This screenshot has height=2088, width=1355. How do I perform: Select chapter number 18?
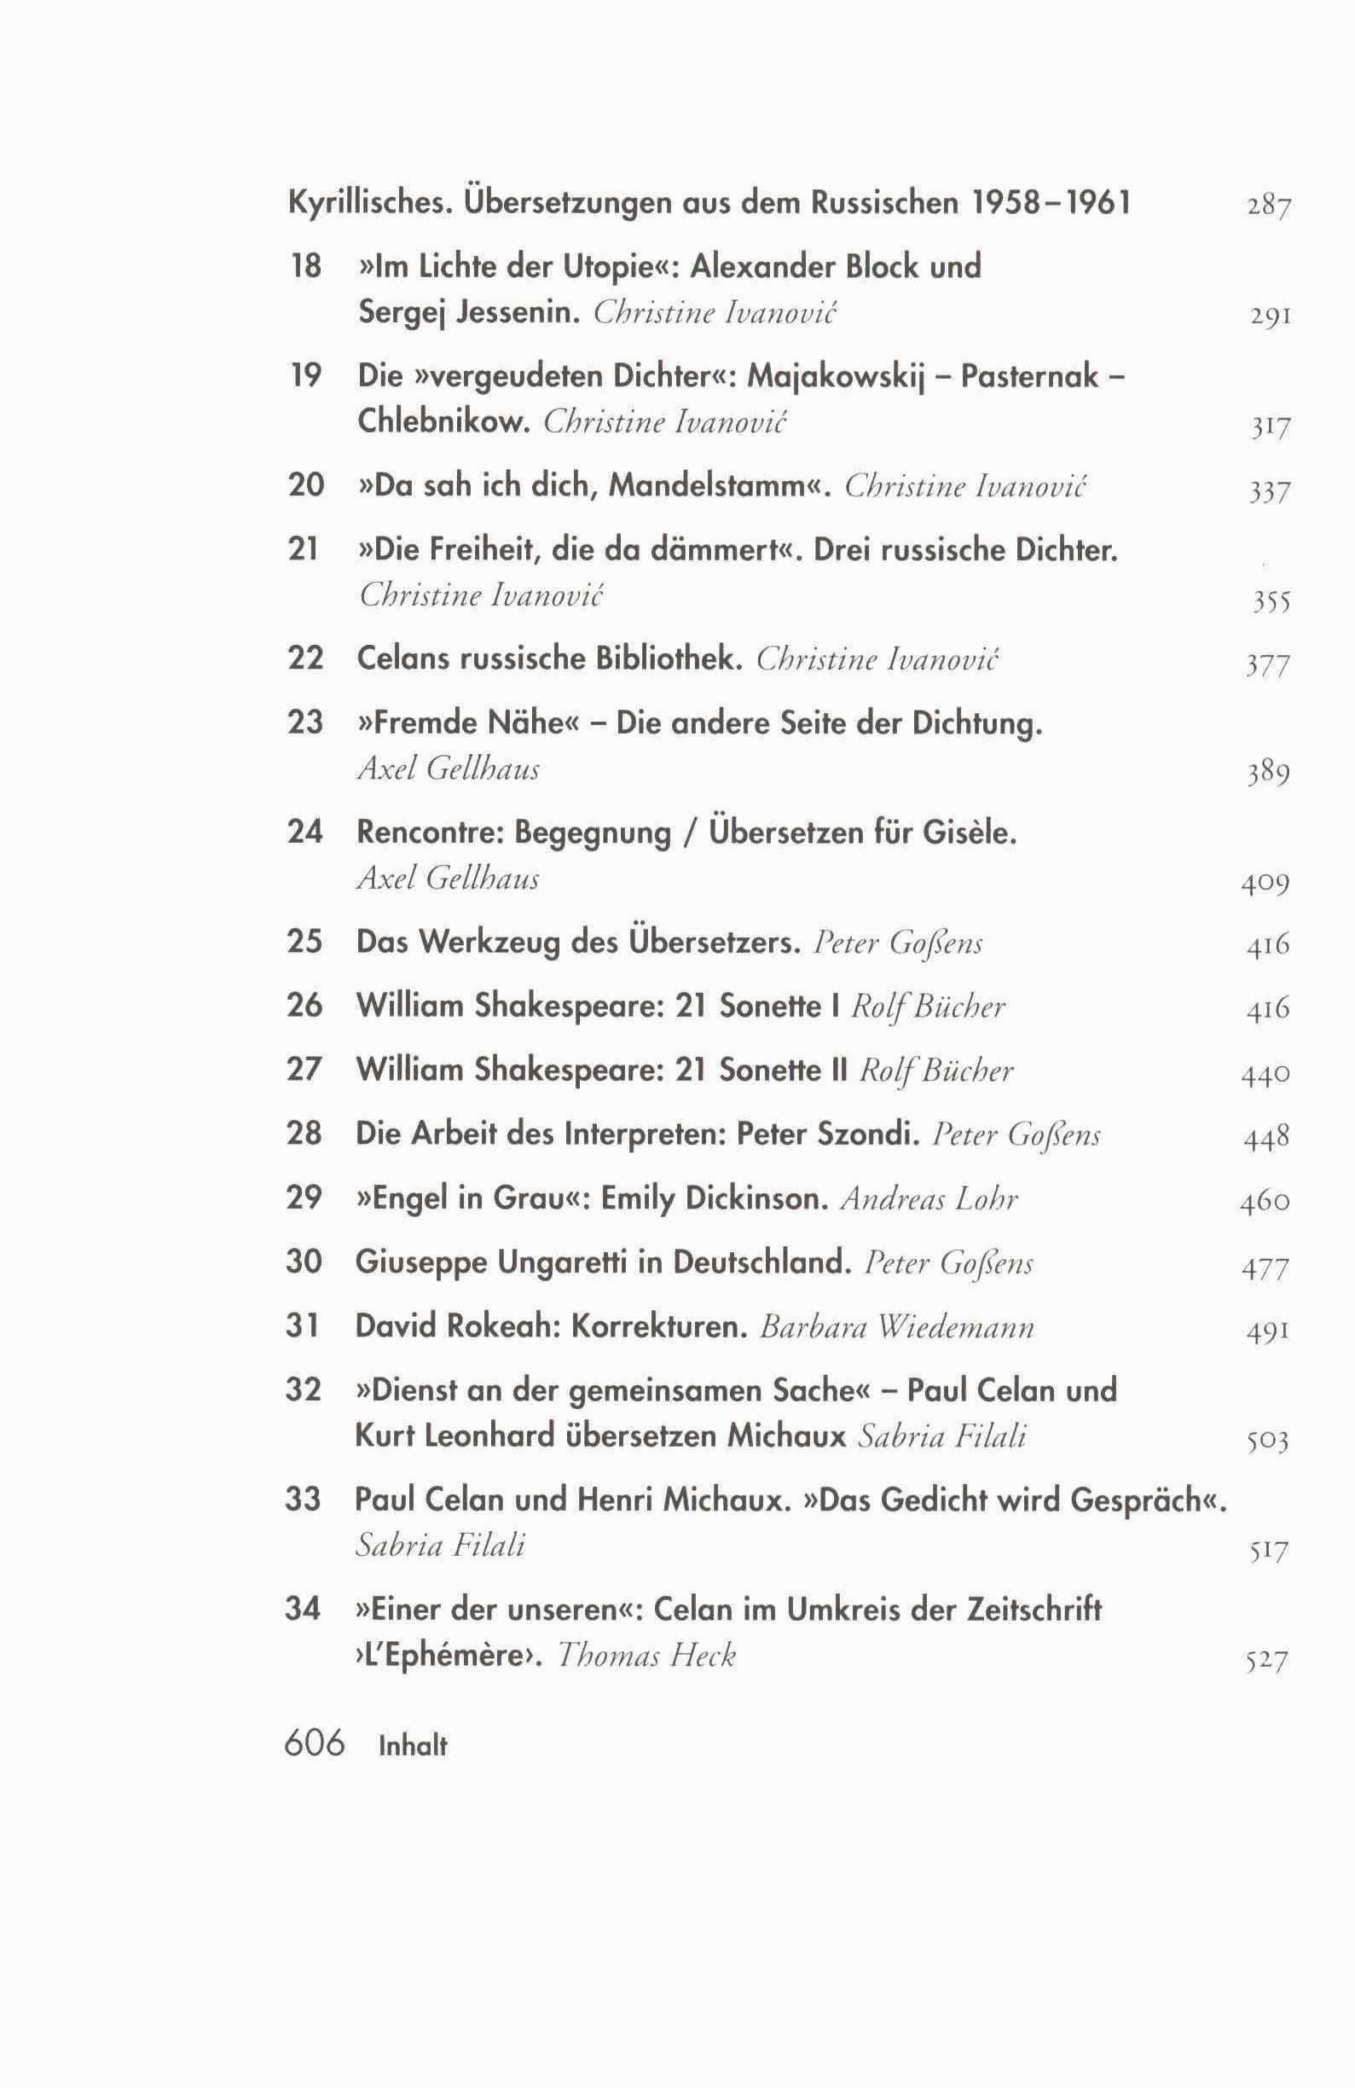click(304, 265)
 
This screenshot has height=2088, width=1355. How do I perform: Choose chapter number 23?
click(304, 722)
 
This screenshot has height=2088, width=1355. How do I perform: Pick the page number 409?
click(1265, 884)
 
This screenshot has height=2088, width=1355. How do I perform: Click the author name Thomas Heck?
click(646, 1656)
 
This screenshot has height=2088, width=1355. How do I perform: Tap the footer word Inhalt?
click(412, 1746)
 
